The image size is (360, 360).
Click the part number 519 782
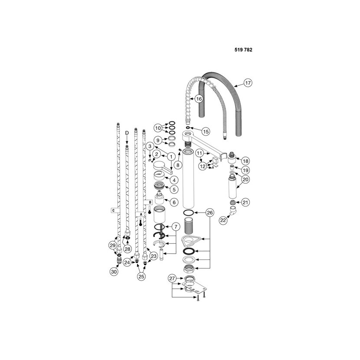pos(243,50)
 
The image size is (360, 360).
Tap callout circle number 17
pos(248,83)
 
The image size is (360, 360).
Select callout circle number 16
pos(199,99)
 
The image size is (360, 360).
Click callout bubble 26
pos(210,213)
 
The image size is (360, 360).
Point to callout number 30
pos(114,272)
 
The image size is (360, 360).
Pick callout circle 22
pos(223,220)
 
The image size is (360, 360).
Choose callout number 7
pos(176,227)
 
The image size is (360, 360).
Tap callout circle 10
pos(158,128)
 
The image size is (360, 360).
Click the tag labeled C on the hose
pos(113,210)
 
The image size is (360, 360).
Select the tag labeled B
pos(150,202)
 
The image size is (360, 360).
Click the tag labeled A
pos(141,214)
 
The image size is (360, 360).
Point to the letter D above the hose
pos(127,133)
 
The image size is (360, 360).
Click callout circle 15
pos(206,131)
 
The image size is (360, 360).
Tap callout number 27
pos(172,278)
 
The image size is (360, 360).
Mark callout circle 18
pos(245,161)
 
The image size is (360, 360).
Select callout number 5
pos(174,190)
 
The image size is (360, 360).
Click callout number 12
pos(203,166)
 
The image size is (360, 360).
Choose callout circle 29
pos(112,245)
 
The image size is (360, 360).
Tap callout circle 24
pos(127,262)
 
